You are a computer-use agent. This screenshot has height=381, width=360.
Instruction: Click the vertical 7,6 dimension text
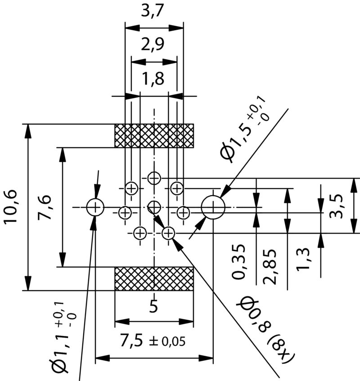coord(45,207)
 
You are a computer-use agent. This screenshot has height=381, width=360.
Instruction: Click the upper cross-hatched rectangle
coord(154,135)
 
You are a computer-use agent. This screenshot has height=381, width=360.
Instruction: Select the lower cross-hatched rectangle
coord(154,278)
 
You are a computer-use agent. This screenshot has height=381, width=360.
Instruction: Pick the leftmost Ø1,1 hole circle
coord(95,207)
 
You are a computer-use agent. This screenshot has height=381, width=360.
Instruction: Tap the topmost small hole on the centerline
coord(154,178)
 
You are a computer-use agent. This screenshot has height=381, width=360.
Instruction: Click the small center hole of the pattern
coord(154,207)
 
